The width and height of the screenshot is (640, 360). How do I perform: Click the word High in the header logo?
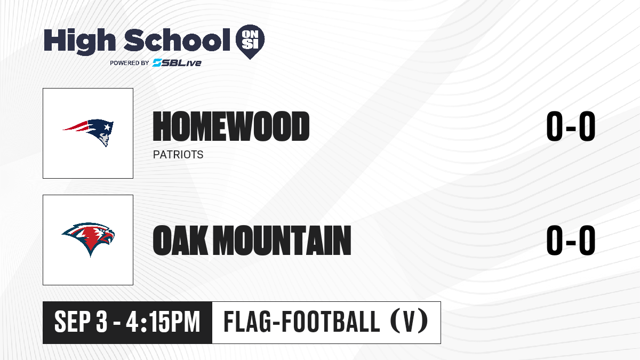pyautogui.click(x=80, y=42)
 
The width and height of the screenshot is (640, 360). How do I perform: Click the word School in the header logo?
pyautogui.click(x=177, y=40)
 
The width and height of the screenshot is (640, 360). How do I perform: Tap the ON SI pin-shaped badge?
pyautogui.click(x=250, y=42)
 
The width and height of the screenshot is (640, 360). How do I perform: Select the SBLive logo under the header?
pyautogui.click(x=177, y=63)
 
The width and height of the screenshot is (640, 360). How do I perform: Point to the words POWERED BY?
pyautogui.click(x=130, y=63)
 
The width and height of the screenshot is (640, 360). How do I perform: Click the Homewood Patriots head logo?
pyautogui.click(x=88, y=133)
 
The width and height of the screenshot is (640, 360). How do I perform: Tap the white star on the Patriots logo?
pyautogui.click(x=107, y=126)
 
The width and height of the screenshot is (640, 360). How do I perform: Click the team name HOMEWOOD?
pyautogui.click(x=231, y=126)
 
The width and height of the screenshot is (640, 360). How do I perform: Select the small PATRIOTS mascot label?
pyautogui.click(x=178, y=155)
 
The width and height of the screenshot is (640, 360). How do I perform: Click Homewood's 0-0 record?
pyautogui.click(x=571, y=126)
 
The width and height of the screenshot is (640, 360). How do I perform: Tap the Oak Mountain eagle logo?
pyautogui.click(x=89, y=239)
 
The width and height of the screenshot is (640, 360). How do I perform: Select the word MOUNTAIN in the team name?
pyautogui.click(x=282, y=240)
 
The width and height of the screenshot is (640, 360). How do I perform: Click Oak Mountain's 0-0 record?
pyautogui.click(x=571, y=240)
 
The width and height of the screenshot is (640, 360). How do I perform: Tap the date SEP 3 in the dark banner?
pyautogui.click(x=81, y=322)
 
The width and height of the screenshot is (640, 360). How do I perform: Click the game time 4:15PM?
pyautogui.click(x=163, y=322)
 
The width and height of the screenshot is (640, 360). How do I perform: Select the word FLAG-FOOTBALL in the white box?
pyautogui.click(x=302, y=322)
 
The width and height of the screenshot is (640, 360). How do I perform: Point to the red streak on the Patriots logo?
pyautogui.click(x=75, y=126)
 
